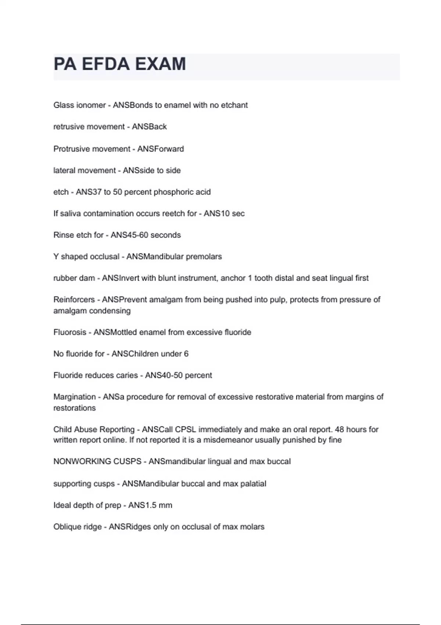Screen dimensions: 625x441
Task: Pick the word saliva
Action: pos(70,214)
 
